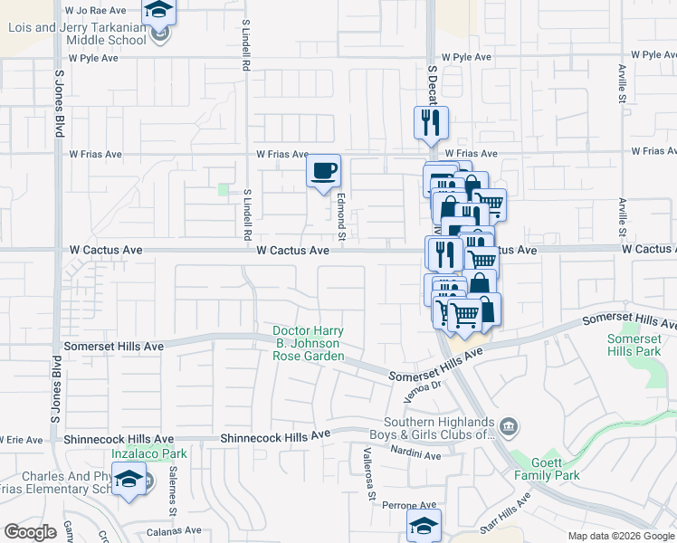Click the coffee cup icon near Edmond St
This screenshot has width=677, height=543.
tap(323, 170)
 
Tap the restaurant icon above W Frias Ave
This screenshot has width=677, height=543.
tap(431, 122)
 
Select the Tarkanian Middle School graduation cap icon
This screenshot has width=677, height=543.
tap(159, 12)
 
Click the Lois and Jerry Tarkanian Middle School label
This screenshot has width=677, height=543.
tap(77, 33)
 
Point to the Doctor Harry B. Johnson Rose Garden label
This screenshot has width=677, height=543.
tap(308, 344)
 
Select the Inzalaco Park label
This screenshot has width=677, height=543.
tap(148, 453)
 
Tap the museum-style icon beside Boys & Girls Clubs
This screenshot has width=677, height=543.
tap(510, 425)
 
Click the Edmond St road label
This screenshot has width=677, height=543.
tap(341, 217)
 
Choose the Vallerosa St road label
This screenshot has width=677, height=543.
tap(368, 472)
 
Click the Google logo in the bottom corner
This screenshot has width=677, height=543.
tap(30, 531)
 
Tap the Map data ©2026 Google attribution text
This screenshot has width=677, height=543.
tap(622, 536)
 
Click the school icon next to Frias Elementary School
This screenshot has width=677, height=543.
tap(129, 479)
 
